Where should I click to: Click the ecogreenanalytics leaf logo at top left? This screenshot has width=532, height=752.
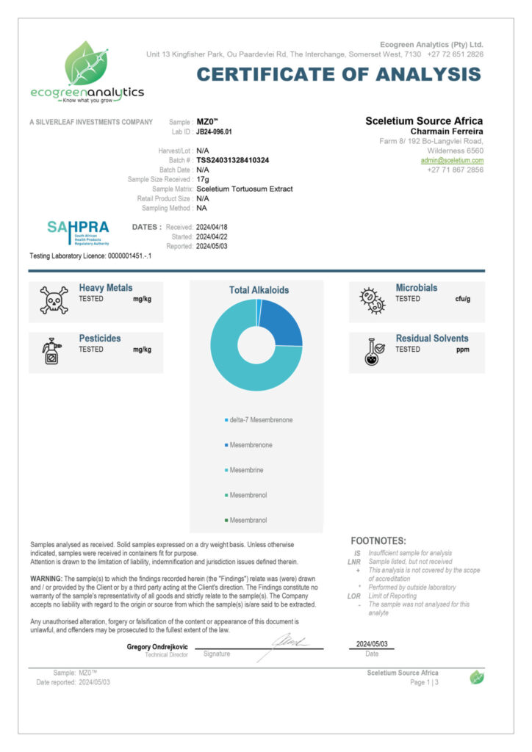pos(87,64)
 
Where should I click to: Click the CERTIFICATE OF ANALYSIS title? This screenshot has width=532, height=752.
pos(339,74)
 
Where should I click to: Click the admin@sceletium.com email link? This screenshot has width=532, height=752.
pos(452,160)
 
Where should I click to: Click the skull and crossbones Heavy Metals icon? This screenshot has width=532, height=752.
pos(54,300)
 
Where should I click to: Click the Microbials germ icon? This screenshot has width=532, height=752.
pos(372,300)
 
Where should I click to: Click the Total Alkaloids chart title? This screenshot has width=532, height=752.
pos(259,290)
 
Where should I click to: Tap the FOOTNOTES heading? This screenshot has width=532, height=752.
pos(378,540)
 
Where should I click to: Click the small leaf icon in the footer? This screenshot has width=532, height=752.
pos(477,677)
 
